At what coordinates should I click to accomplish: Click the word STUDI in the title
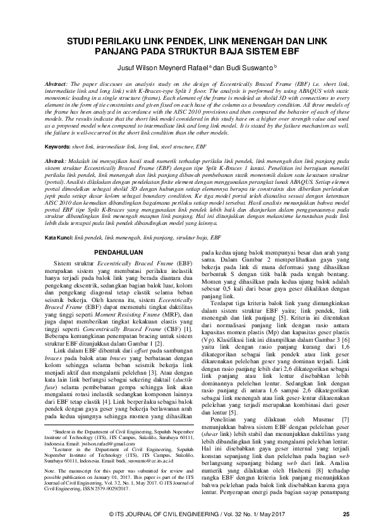(x=82, y=39)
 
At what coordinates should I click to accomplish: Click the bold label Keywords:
(x=63, y=146)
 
